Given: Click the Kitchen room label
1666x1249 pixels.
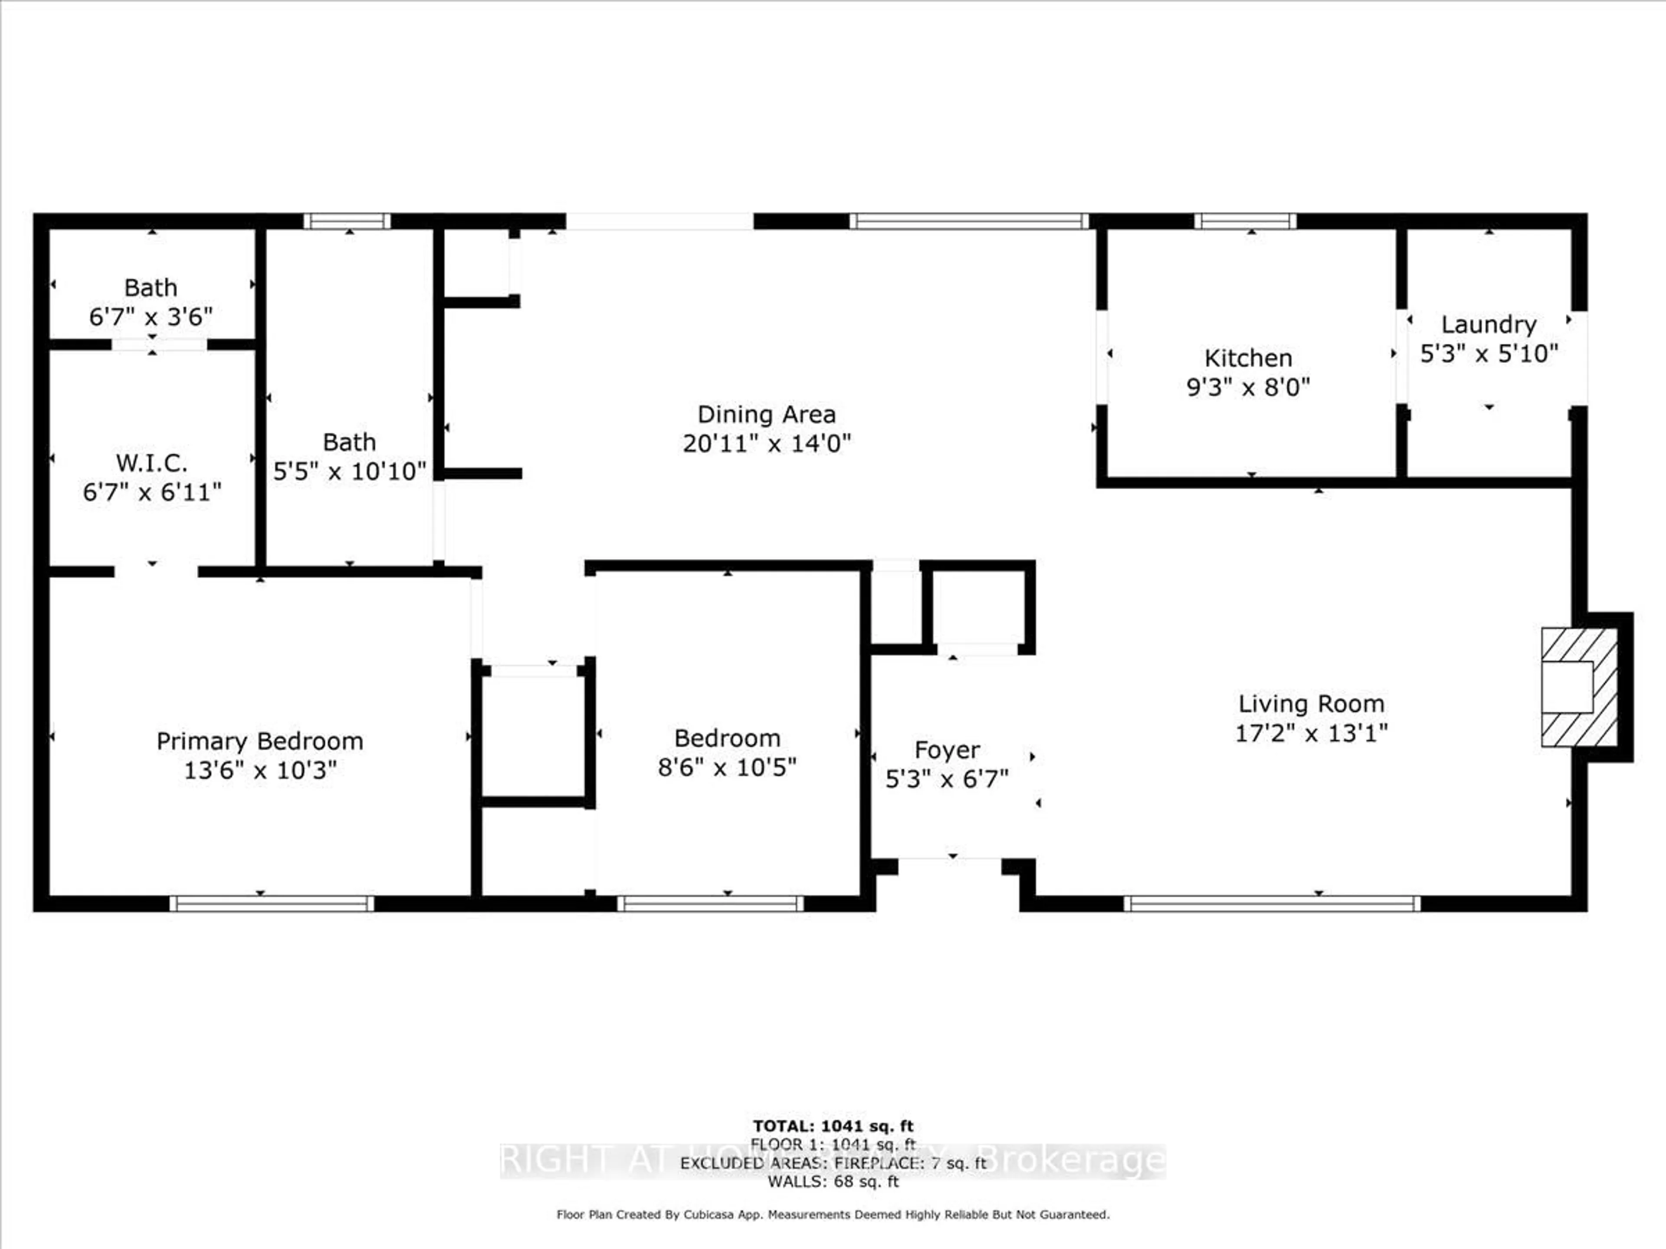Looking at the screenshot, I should [1248, 358].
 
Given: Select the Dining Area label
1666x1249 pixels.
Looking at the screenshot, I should [766, 415].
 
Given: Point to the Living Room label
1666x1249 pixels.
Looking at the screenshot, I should [1311, 704].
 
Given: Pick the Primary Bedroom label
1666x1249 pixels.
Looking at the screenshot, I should [260, 742].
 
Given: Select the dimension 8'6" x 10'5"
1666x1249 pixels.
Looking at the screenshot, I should [727, 767].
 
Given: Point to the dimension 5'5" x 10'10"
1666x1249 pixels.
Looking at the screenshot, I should [349, 471].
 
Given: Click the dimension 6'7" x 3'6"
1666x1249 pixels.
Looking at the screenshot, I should [151, 317].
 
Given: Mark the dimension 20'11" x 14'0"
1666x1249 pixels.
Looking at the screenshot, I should [766, 443].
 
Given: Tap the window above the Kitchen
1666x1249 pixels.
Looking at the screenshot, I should [1245, 221].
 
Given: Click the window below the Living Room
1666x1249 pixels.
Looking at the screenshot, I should [1272, 903].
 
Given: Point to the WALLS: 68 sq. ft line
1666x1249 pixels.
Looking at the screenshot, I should [833, 1181].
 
